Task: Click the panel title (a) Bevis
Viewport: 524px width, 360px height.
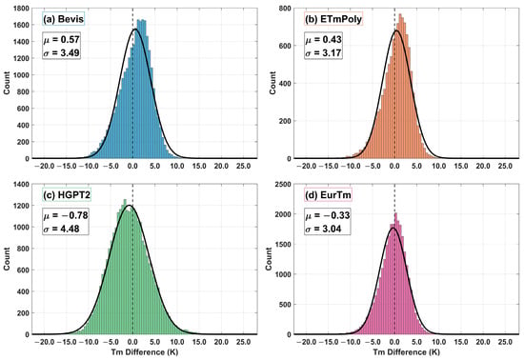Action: coord(64,19)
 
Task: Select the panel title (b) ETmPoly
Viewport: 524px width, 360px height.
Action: coord(333,19)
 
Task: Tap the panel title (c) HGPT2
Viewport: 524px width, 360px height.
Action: coord(67,194)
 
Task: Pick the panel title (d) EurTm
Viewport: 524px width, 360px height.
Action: coord(328,194)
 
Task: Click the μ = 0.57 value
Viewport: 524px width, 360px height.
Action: coord(62,40)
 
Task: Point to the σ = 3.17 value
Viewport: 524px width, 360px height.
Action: coord(324,52)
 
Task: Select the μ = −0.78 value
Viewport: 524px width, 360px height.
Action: coord(66,215)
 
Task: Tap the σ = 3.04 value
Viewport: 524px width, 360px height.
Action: coord(324,229)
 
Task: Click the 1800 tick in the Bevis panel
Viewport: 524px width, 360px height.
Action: coord(21,9)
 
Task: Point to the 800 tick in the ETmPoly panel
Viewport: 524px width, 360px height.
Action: coord(285,9)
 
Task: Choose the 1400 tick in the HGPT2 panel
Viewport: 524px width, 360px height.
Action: coord(21,185)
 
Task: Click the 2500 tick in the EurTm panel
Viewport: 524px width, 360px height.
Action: coord(283,185)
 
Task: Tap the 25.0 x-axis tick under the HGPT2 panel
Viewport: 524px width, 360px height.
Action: coord(243,342)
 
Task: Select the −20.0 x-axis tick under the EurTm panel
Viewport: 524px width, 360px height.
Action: coord(307,342)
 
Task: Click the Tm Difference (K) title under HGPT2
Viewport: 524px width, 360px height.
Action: coord(145,352)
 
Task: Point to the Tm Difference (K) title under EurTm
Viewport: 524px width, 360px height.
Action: coord(406,352)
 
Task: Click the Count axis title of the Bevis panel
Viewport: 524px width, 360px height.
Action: coord(7,83)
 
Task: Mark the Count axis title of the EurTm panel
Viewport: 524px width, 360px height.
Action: coord(269,259)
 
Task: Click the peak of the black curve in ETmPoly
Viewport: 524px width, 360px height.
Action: coord(396,30)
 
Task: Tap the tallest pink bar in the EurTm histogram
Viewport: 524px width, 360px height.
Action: coord(396,273)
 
